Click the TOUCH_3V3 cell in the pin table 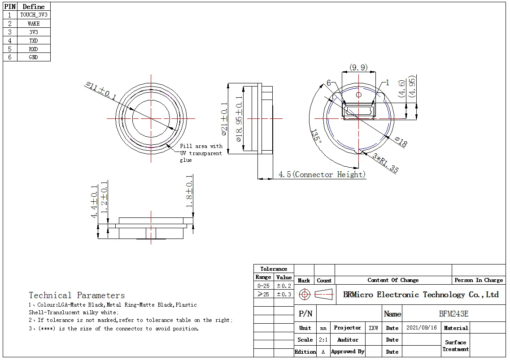coord(34,15)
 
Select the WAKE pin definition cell coord(34,23)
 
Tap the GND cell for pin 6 coord(34,57)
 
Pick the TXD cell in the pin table coord(34,40)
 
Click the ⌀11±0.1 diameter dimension coord(101,91)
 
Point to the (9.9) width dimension coord(358,68)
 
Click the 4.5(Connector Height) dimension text coord(322,174)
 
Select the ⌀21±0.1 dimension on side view coord(224,119)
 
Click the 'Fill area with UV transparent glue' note coord(201,153)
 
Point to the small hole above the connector coord(358,95)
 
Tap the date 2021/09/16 coord(421,328)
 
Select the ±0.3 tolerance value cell coord(283,295)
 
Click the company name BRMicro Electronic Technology coord(421,295)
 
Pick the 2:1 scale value coord(323,340)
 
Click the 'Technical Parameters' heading coord(77,295)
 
